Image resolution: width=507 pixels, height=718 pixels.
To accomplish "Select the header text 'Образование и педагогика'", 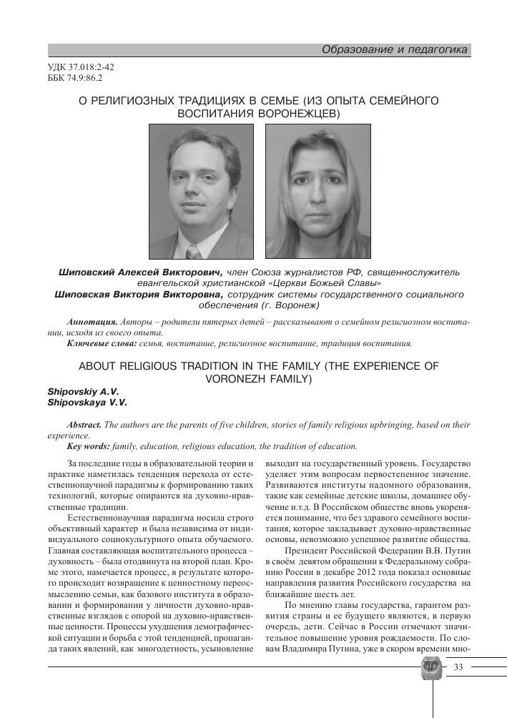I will coord(395,49).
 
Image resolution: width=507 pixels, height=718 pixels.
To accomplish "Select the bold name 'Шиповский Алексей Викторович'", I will coord(141,272).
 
